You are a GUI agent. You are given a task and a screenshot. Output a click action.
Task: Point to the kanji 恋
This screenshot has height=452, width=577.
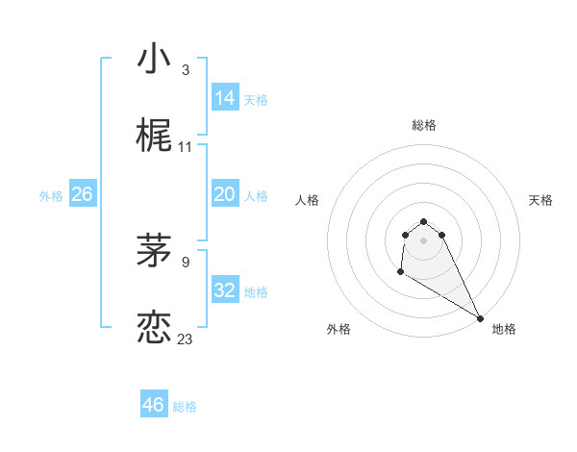(154, 327)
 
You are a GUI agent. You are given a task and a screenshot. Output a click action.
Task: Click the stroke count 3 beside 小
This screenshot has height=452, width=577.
(185, 70)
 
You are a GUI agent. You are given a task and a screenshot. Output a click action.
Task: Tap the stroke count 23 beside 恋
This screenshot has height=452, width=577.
(185, 339)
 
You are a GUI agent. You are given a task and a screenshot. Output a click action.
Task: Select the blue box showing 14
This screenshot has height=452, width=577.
(225, 97)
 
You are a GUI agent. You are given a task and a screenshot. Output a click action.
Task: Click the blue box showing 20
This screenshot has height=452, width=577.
(225, 194)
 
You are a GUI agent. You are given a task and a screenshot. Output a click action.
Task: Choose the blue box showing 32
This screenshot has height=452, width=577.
(225, 290)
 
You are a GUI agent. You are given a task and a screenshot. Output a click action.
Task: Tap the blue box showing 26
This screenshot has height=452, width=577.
(83, 194)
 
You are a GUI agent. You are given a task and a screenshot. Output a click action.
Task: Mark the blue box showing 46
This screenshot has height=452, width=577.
(154, 405)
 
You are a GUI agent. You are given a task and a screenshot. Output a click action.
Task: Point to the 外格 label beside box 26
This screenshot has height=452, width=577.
(51, 196)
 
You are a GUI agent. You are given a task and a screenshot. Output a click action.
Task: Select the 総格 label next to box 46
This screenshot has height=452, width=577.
(185, 407)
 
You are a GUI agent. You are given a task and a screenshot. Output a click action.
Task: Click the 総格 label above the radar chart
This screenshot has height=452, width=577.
(424, 125)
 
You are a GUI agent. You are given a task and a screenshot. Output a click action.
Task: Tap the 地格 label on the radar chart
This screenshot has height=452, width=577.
(504, 329)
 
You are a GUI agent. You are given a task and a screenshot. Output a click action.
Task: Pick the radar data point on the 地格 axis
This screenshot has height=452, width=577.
(480, 318)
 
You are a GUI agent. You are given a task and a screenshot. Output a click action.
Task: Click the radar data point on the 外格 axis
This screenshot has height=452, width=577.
(400, 273)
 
